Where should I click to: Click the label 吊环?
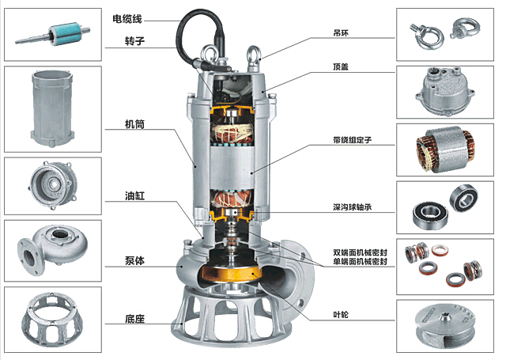(x=342, y=34)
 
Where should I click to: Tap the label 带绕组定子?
(x=353, y=139)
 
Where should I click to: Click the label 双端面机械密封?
(x=361, y=252)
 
